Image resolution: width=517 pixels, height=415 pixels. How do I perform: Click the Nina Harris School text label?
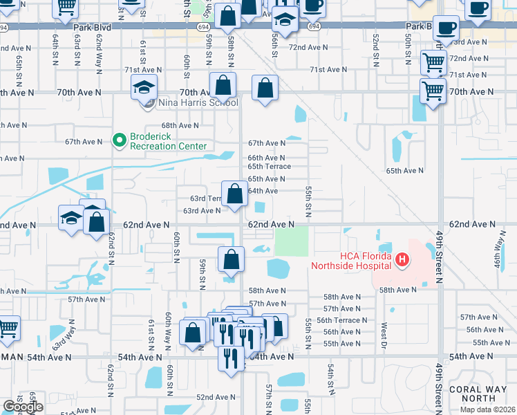click(198, 103)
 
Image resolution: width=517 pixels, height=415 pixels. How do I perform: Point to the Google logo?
click(23, 407)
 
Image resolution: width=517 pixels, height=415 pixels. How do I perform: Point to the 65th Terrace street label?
click(269, 167)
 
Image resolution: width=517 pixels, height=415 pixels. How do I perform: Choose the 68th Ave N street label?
click(180, 126)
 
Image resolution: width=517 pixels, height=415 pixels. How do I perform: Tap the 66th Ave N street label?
click(266, 158)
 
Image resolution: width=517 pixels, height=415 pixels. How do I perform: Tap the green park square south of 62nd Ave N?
click(292, 241)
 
